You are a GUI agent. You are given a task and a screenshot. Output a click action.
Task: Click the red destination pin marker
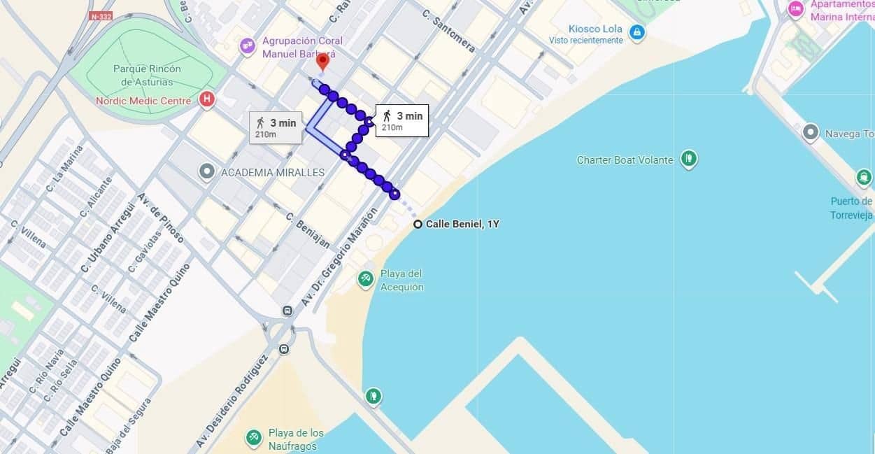(322, 61)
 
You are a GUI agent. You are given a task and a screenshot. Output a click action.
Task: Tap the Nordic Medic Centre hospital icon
(207, 100)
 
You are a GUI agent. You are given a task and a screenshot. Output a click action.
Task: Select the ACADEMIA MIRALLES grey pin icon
(206, 171)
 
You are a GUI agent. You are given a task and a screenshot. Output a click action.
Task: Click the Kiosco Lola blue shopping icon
(636, 32)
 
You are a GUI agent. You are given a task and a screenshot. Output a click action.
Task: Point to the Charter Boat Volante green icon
(689, 159)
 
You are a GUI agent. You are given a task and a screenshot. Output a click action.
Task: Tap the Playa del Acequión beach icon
(365, 280)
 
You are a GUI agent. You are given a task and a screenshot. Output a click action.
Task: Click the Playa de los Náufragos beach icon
(253, 437)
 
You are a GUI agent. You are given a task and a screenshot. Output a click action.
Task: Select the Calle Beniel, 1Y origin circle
(418, 225)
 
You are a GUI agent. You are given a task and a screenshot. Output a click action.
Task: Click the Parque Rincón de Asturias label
(147, 75)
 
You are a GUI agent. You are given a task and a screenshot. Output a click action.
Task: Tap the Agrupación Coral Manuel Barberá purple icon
(246, 46)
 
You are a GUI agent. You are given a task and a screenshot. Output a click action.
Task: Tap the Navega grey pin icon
(811, 132)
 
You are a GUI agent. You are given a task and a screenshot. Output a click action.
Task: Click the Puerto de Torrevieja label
(851, 208)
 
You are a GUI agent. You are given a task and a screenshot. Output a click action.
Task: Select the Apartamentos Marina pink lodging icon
(795, 9)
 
